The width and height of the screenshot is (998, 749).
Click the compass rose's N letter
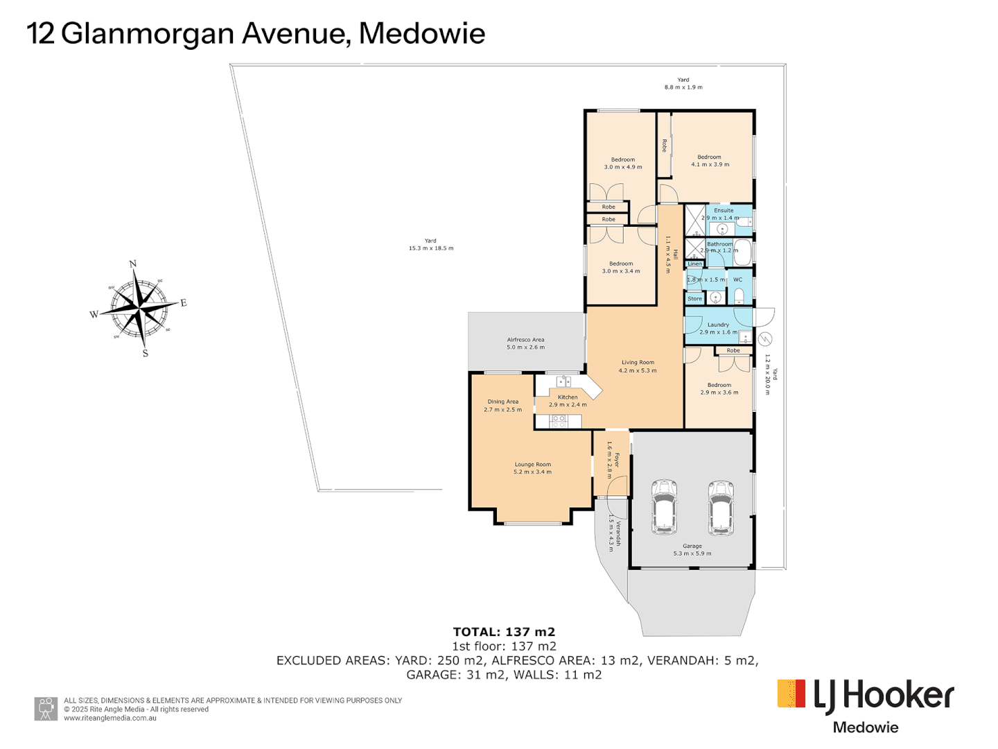133,264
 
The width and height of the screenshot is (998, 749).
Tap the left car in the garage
665,507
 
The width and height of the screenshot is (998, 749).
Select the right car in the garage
720,507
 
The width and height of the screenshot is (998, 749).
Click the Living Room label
638,362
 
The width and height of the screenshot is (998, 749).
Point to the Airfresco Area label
525,340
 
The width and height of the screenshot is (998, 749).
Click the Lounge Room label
532,465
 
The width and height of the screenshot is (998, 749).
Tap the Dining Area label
502,402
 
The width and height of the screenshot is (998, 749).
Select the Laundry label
718,325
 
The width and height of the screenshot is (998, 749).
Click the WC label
737,279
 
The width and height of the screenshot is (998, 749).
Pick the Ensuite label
724,210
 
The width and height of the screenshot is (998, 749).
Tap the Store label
694,299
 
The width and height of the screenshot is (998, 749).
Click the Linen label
694,264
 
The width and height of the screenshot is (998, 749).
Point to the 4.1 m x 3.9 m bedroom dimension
710,164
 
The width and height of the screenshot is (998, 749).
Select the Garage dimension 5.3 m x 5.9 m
692,553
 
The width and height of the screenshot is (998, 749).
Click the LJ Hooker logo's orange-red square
791,694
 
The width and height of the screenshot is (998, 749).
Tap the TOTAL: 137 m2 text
504,632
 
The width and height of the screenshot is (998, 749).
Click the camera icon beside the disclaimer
46,709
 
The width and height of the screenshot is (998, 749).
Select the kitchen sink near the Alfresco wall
563,381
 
